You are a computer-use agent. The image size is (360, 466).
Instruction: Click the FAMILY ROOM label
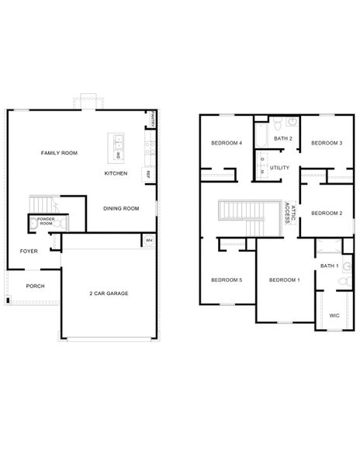(59, 154)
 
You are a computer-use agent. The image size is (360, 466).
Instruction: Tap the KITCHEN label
(116, 173)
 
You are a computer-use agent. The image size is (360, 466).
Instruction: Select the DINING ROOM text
(121, 208)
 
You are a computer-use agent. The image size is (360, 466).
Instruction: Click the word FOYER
(29, 251)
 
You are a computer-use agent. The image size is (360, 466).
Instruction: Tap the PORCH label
(35, 286)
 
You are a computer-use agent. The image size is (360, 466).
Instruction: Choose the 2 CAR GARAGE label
(109, 293)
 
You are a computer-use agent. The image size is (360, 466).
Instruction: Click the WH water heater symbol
(149, 241)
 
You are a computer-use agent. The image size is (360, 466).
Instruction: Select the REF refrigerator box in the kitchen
(147, 175)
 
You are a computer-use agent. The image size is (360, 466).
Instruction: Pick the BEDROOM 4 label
(227, 143)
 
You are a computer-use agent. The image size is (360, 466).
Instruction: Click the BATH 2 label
(282, 138)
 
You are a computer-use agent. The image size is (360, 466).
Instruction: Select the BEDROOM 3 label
(327, 143)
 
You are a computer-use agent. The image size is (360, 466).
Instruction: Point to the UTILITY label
(279, 167)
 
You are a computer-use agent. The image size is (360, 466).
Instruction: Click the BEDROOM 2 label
(327, 213)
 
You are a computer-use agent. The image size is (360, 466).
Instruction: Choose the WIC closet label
(334, 315)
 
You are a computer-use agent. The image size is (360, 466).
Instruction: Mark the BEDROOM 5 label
(227, 280)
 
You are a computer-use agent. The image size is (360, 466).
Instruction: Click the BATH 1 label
(329, 266)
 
